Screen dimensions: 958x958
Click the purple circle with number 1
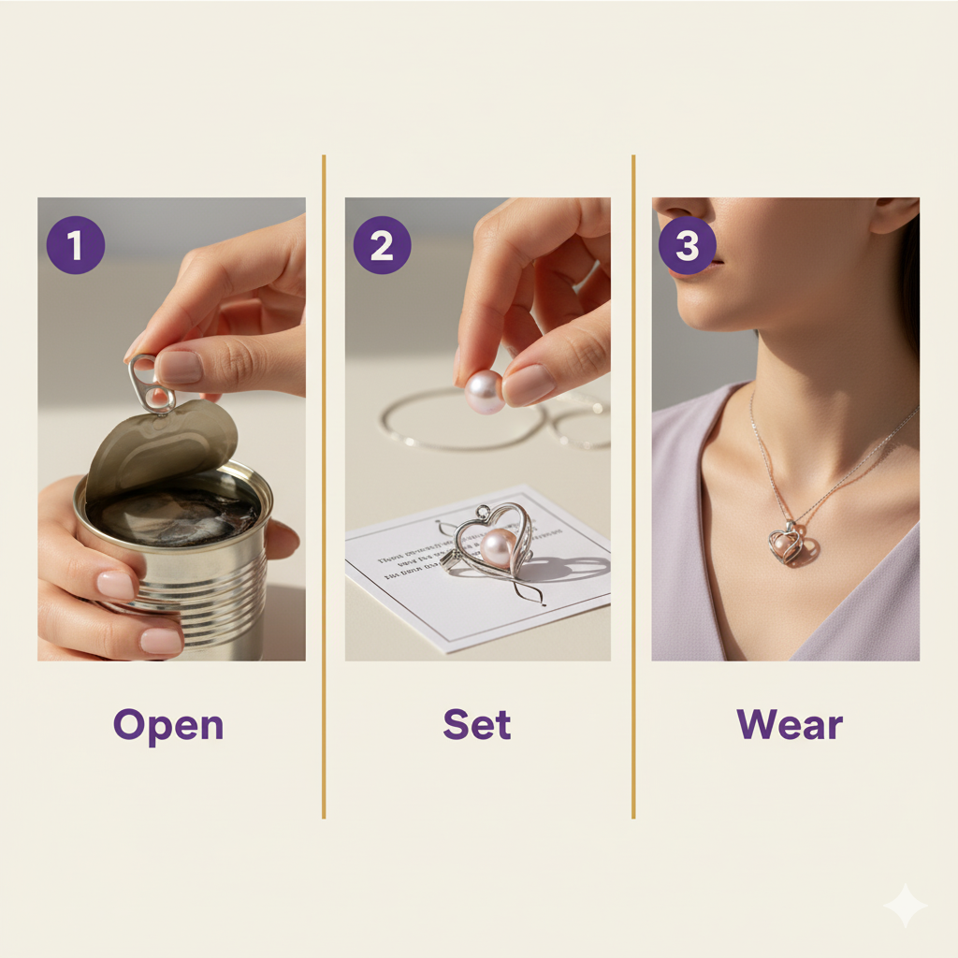(x=75, y=245)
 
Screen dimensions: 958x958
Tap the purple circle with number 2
(x=382, y=245)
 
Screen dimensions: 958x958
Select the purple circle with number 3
(x=688, y=245)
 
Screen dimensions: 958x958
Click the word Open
(x=168, y=726)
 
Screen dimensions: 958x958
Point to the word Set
(x=477, y=725)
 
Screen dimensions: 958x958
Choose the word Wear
(x=790, y=725)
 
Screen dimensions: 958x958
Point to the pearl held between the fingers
(x=484, y=391)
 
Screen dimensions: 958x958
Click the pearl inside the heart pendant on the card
(x=498, y=548)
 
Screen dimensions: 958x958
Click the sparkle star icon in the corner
(x=905, y=905)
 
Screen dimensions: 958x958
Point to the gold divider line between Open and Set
(x=324, y=486)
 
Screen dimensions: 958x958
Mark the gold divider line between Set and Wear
(x=633, y=486)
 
